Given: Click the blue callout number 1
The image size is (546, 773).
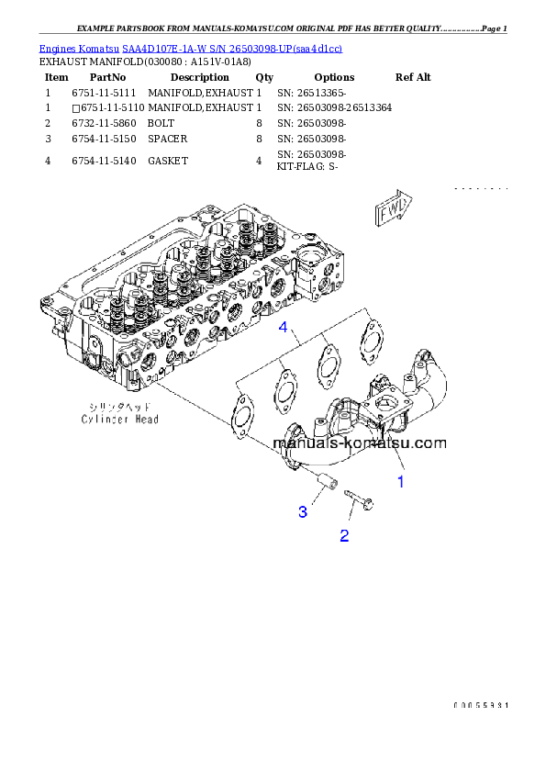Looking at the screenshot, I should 400,479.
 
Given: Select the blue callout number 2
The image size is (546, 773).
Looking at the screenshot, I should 344,535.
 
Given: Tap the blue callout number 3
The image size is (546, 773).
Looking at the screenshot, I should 302,512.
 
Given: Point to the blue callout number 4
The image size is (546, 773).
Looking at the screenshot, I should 284,328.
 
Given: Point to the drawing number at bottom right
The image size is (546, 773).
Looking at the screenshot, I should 480,705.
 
